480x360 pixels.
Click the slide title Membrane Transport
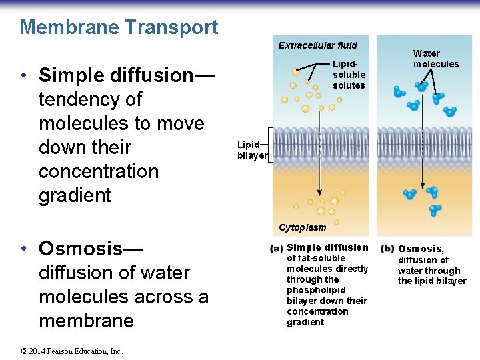tap(119, 27)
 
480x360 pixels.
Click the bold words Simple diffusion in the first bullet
tap(115, 75)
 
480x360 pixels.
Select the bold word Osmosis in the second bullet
tap(81, 248)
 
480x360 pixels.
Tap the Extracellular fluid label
tap(317, 45)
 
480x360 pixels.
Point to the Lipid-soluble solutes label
tap(349, 75)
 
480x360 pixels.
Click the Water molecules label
tap(435, 59)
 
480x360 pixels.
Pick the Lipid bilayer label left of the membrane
tap(251, 149)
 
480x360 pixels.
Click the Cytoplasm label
tap(303, 227)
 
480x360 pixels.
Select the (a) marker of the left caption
tap(277, 248)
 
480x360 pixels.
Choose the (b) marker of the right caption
tap(387, 249)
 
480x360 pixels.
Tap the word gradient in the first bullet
tap(75, 195)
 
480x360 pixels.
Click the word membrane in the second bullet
tap(86, 321)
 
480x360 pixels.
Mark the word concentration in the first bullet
tap(99, 171)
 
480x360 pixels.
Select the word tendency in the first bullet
tap(90, 99)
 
